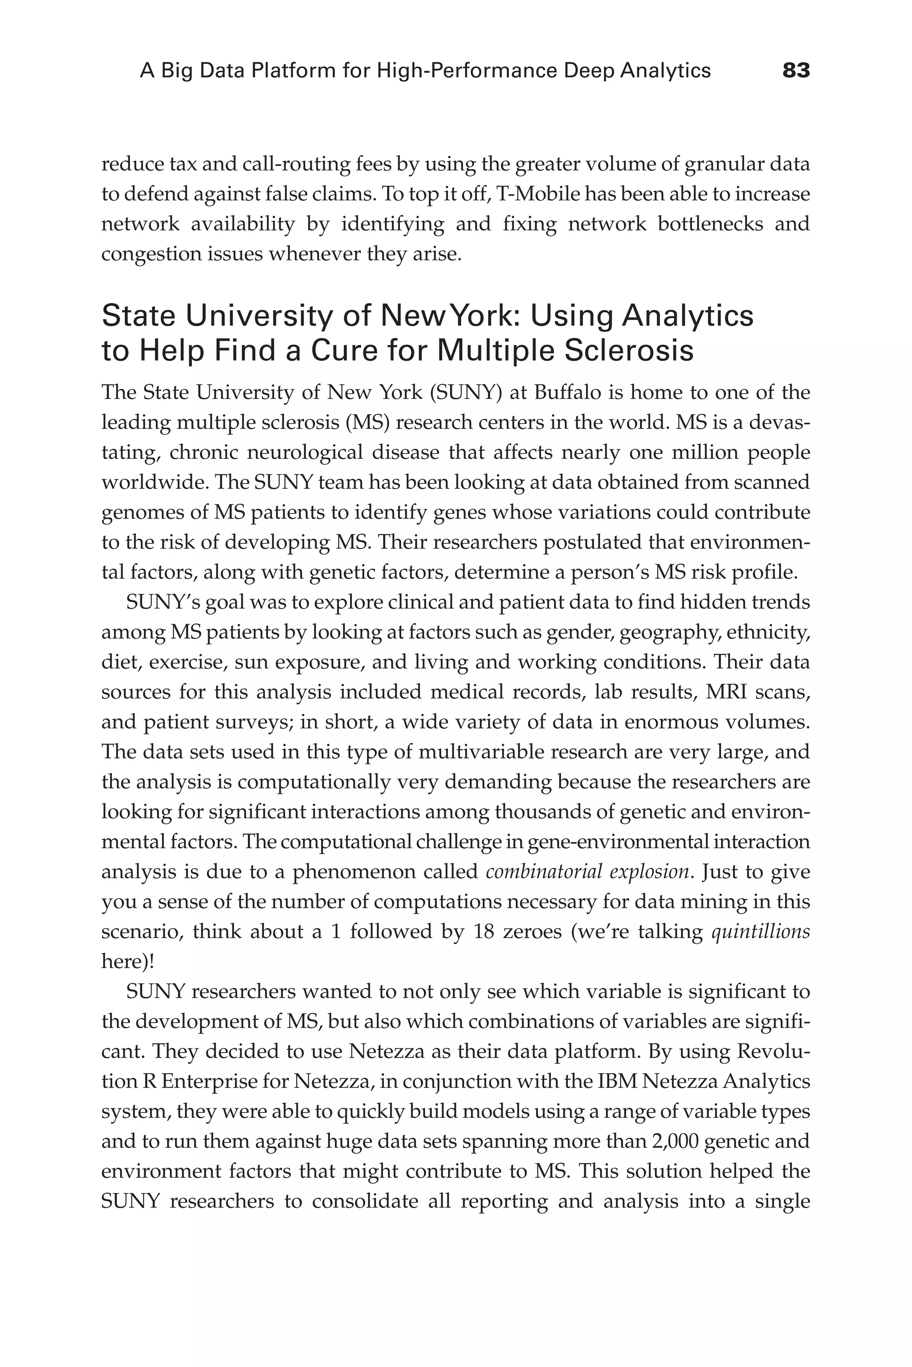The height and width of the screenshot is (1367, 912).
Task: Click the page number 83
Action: pyautogui.click(x=796, y=71)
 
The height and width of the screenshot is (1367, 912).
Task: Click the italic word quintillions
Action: pyautogui.click(x=761, y=932)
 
